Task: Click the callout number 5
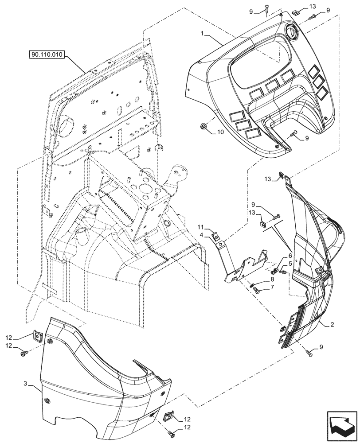pyautogui.click(x=291, y=263)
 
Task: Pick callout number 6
pyautogui.click(x=291, y=256)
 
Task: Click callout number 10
pyautogui.click(x=220, y=132)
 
